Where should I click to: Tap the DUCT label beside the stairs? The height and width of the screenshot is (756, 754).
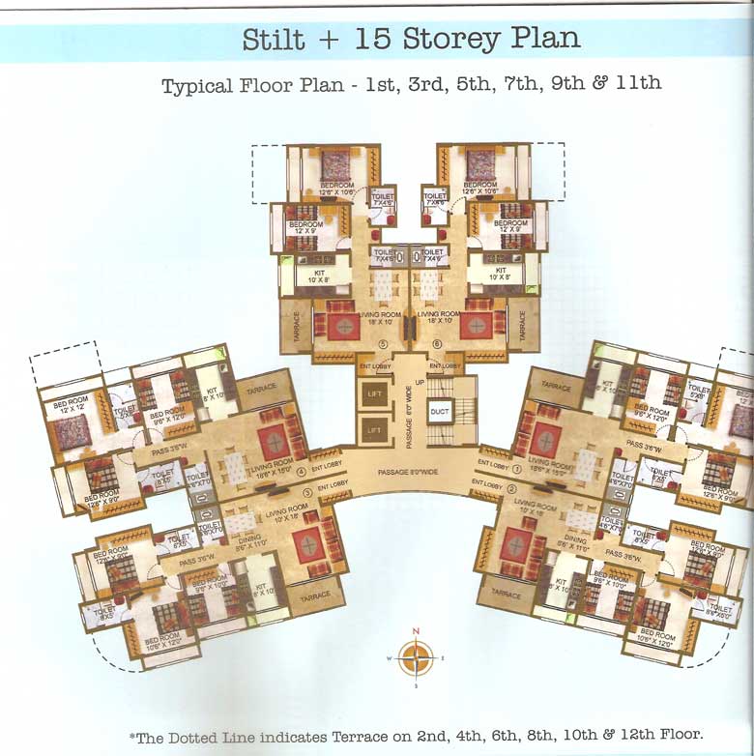(x=440, y=410)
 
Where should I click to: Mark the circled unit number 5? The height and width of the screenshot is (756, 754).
(x=382, y=344)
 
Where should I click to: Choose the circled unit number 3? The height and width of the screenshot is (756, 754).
(x=306, y=492)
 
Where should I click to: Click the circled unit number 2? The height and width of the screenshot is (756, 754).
(x=511, y=488)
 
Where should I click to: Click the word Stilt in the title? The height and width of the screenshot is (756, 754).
(x=274, y=40)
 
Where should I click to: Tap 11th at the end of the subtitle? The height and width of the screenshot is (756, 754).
(x=637, y=83)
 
